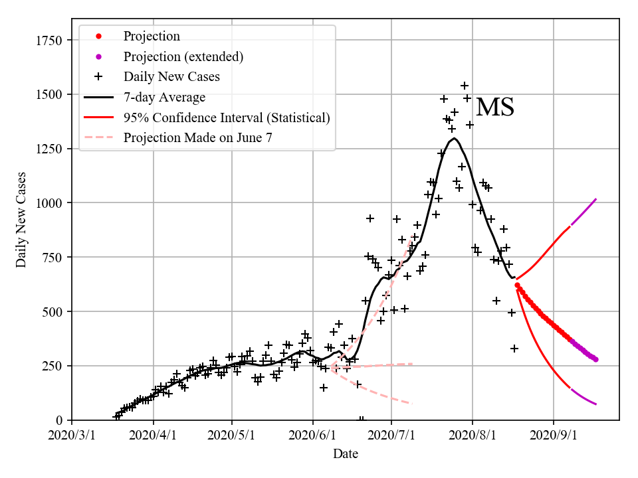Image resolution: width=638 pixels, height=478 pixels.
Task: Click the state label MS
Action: click(x=495, y=108)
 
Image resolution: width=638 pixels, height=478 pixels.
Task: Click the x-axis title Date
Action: click(x=346, y=454)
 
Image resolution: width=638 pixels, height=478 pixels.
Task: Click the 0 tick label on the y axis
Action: click(x=59, y=420)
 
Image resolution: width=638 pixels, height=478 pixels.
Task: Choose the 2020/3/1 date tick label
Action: click(x=72, y=436)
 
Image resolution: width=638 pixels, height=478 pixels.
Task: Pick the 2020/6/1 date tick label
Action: click(x=312, y=436)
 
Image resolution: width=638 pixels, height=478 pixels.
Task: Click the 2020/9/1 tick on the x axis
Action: click(x=554, y=436)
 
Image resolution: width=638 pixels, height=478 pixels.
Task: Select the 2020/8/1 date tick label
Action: click(x=473, y=436)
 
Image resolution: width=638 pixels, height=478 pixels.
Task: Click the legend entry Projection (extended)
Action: click(x=183, y=56)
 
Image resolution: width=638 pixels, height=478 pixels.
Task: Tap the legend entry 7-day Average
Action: click(x=164, y=98)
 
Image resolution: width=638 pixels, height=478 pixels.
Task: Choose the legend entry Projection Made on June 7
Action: click(x=197, y=138)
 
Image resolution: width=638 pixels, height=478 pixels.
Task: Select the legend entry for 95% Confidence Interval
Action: click(x=226, y=118)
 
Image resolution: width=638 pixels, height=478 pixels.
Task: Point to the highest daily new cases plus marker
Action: click(x=465, y=86)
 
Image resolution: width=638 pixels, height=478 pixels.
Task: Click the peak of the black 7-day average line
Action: click(x=454, y=138)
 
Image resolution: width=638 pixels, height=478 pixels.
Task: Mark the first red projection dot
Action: click(x=517, y=285)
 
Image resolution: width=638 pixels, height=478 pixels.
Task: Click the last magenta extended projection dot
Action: click(x=595, y=359)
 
